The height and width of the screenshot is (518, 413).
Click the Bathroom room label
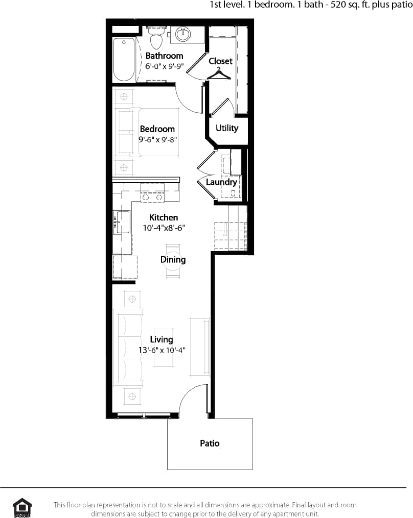(x=164, y=56)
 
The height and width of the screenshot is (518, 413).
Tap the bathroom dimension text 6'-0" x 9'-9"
(x=164, y=66)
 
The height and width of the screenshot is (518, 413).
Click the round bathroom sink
(x=183, y=34)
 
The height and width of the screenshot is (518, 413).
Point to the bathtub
(x=124, y=59)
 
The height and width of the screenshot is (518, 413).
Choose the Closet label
(x=220, y=61)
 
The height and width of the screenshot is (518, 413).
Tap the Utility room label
(x=226, y=128)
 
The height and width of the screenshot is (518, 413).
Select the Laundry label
(x=221, y=182)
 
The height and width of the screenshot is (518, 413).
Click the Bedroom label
(x=157, y=129)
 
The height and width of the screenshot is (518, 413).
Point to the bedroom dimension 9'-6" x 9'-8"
(x=157, y=139)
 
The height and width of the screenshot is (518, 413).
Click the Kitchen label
(x=164, y=217)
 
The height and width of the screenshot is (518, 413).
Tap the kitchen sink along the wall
(x=122, y=223)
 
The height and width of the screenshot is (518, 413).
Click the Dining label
(x=173, y=260)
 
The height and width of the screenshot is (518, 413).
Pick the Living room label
(x=162, y=339)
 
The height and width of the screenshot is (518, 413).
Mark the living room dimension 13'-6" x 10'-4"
(x=162, y=350)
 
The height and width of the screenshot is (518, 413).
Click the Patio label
(x=210, y=443)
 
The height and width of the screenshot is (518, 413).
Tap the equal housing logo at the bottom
(x=22, y=508)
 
